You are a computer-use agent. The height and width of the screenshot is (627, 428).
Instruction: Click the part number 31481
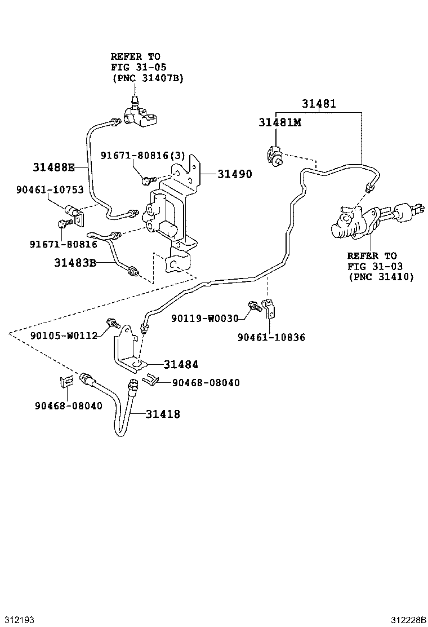click(318, 104)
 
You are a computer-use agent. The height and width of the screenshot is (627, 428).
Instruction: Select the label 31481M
click(280, 122)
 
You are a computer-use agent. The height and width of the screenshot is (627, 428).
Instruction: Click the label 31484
click(181, 365)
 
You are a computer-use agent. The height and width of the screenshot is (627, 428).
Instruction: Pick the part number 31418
click(163, 414)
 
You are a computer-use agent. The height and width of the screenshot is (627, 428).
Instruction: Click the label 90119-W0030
click(205, 319)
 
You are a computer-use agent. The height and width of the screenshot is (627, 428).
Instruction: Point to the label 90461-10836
click(271, 337)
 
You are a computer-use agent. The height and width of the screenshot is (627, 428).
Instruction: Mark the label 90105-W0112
click(64, 335)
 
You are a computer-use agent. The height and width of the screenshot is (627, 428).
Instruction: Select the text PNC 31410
click(381, 276)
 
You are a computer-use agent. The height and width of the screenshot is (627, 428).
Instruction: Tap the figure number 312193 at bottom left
click(19, 619)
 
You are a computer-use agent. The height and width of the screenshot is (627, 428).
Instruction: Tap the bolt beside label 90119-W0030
click(254, 306)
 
